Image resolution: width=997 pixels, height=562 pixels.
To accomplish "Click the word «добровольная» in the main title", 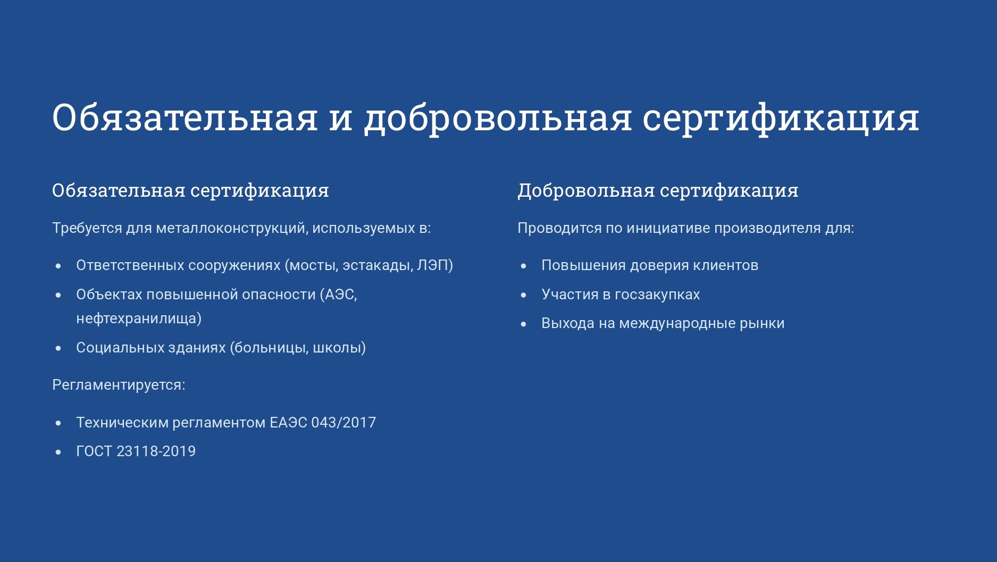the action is tap(498, 118).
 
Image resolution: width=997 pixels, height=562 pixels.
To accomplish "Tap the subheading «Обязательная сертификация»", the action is tap(190, 190).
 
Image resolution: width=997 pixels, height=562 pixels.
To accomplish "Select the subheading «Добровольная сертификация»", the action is tap(658, 190).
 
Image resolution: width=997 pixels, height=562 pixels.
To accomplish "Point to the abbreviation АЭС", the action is tap(339, 295).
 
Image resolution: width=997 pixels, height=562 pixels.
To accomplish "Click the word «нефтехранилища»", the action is tap(136, 318).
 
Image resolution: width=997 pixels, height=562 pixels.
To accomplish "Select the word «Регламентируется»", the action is tap(117, 385).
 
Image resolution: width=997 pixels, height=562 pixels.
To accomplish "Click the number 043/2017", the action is tap(343, 423).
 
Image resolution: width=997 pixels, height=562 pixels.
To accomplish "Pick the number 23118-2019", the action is tap(156, 451).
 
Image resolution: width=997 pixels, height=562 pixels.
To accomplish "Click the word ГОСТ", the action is tap(94, 451).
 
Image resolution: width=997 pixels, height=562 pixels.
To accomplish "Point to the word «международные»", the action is tap(677, 324).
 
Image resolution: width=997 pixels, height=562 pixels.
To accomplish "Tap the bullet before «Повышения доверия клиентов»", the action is tap(524, 266).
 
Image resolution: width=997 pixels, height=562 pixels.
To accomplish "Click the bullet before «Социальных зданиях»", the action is tap(58, 348).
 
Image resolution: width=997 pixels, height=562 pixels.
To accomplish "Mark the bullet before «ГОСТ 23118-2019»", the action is tap(58, 452).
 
